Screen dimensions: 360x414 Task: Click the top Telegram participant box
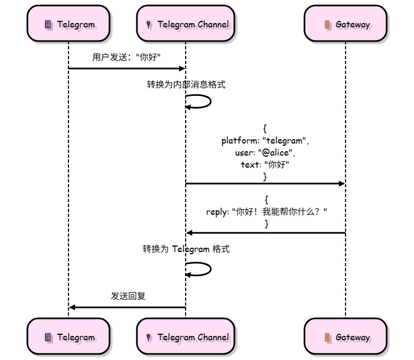(x=68, y=24)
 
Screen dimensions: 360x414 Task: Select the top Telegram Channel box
(x=186, y=24)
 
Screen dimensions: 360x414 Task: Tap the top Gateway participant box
(x=346, y=24)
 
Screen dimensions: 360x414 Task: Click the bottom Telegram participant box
(x=68, y=337)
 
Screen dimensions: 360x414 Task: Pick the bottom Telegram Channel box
(x=186, y=337)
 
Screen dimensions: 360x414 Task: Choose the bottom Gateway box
(x=346, y=337)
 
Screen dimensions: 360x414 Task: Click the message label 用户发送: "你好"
(x=127, y=57)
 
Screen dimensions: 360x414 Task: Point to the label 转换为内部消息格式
(x=186, y=84)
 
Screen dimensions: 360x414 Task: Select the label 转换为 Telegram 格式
(x=186, y=249)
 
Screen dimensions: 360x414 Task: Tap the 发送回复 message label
(x=128, y=296)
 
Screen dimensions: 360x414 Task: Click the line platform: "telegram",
(x=265, y=141)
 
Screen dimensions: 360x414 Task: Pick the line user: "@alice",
(x=265, y=153)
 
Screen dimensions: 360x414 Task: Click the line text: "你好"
(x=265, y=164)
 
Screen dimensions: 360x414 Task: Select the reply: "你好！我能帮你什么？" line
(x=266, y=212)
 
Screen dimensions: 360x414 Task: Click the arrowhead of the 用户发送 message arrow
(x=182, y=68)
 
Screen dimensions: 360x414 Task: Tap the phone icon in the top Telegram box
(x=48, y=24)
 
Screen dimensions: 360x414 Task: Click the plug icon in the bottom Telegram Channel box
(x=148, y=338)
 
